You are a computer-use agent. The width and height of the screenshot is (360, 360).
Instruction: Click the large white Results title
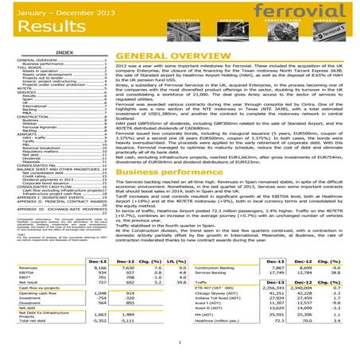point(48,33)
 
